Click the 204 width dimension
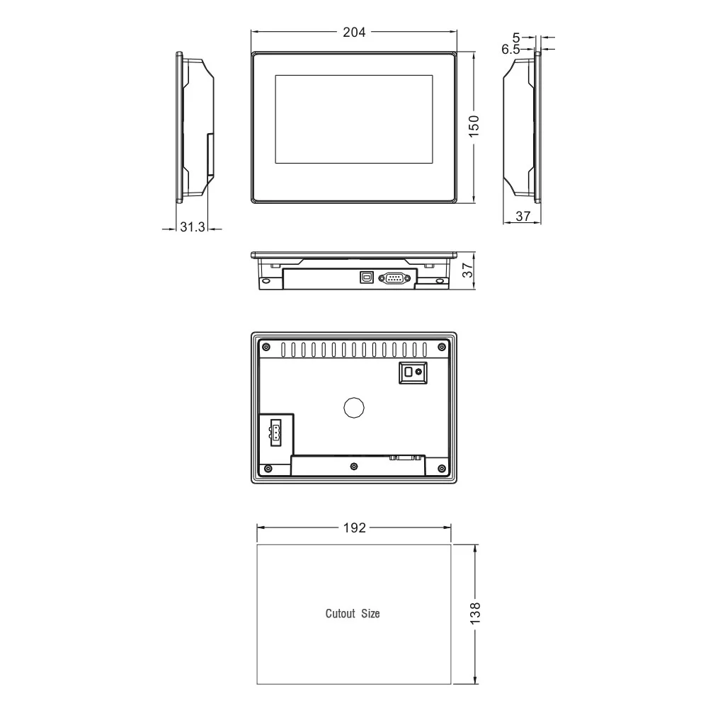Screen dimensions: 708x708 (354, 32)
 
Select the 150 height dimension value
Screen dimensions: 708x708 (474, 125)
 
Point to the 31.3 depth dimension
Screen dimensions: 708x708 (192, 227)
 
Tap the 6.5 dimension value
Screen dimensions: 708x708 (510, 50)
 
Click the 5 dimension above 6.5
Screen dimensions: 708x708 (515, 38)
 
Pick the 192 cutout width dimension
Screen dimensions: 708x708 (354, 528)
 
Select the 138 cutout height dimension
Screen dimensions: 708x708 (475, 613)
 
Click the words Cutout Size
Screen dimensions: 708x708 (353, 614)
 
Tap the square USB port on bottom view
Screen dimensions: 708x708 (367, 278)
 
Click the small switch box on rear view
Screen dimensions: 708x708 (411, 372)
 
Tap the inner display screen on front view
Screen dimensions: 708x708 (353, 119)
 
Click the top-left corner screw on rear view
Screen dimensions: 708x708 (266, 346)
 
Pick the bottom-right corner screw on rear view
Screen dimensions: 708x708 (441, 468)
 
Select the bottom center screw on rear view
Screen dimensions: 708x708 (354, 466)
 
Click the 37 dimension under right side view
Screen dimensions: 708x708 (523, 217)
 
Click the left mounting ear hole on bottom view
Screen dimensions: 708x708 (266, 281)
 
